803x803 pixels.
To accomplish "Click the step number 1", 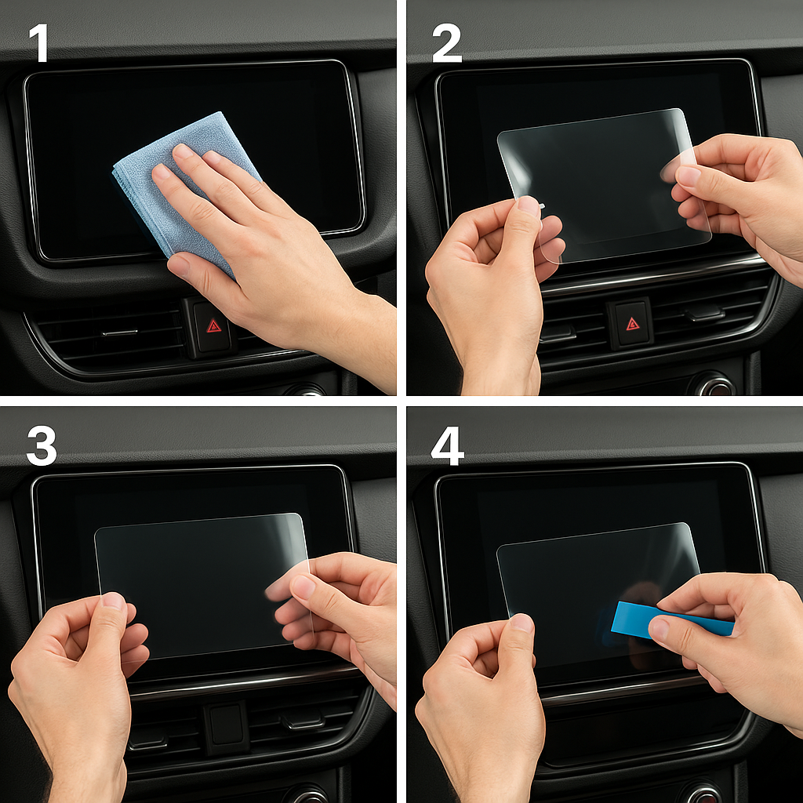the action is pyautogui.click(x=39, y=44).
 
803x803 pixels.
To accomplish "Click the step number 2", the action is pyautogui.click(x=446, y=44).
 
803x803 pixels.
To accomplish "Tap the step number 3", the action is pyautogui.click(x=42, y=446).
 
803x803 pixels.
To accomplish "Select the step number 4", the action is pyautogui.click(x=448, y=446).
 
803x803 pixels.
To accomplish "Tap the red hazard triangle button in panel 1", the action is pyautogui.click(x=213, y=326).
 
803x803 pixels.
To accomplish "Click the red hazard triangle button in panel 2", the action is pyautogui.click(x=633, y=324).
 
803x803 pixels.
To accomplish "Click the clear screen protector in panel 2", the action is pyautogui.click(x=605, y=185).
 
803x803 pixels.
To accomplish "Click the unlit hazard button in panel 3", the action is pyautogui.click(x=227, y=724).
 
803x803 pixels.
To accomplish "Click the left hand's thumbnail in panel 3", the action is pyautogui.click(x=113, y=601).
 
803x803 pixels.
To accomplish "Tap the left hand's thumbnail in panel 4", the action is pyautogui.click(x=521, y=622).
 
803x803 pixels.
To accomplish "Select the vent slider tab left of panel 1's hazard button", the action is pyautogui.click(x=120, y=332).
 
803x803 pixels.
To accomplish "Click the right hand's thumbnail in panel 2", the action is pyautogui.click(x=688, y=176).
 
